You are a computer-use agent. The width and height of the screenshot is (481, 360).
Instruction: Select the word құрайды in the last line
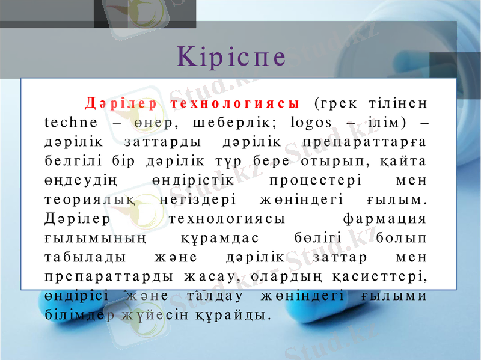pyautogui.click(x=237, y=315)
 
